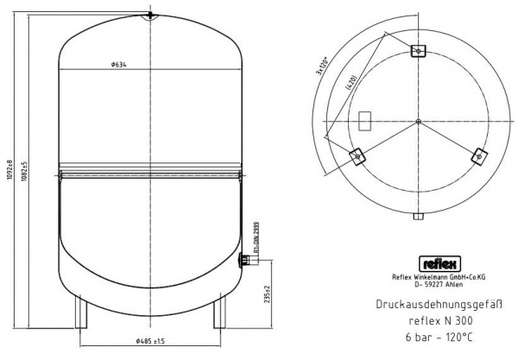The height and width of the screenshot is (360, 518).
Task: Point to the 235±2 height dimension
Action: (x=268, y=294)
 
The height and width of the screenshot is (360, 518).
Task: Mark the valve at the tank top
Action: (x=150, y=14)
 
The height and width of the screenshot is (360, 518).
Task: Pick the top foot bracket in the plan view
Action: (x=418, y=52)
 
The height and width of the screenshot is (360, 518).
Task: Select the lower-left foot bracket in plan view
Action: (x=357, y=155)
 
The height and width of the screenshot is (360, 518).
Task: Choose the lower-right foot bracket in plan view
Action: (x=478, y=155)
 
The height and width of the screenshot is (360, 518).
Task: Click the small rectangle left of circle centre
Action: (x=365, y=117)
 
